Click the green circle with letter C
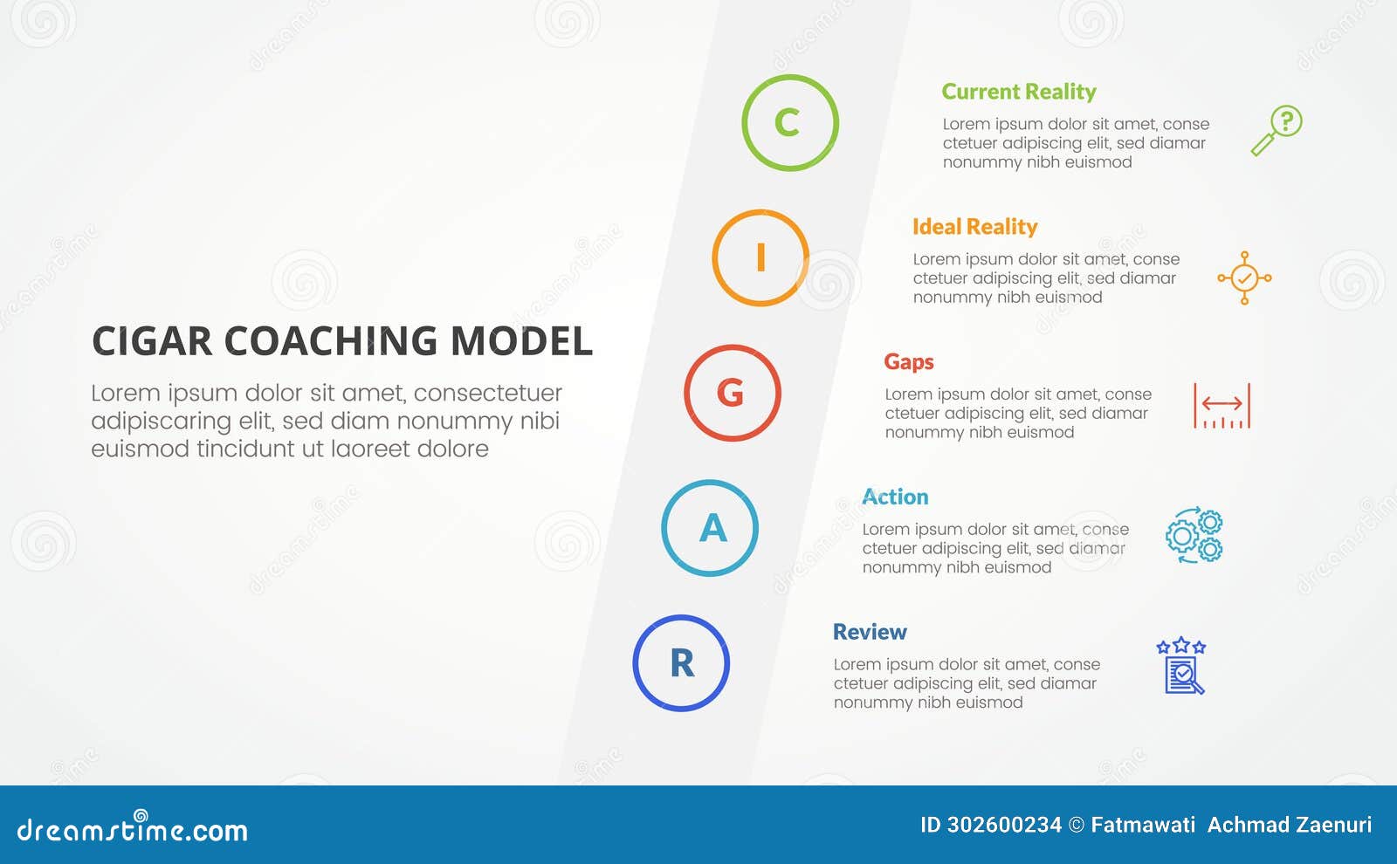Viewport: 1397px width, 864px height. point(789,122)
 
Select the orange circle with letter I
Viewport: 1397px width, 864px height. point(760,257)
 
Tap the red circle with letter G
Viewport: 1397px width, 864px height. point(732,393)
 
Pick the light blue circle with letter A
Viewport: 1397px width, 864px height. point(709,528)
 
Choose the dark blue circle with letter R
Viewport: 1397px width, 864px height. point(681,663)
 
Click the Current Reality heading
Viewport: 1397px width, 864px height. point(1018,92)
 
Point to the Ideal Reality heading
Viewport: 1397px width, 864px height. point(974,227)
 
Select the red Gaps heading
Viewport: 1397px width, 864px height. point(908,362)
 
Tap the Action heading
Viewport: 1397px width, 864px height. point(895,497)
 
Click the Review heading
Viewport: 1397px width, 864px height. point(870,632)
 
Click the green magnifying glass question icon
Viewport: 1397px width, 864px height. point(1276,131)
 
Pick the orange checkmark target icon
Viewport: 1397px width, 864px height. point(1244,278)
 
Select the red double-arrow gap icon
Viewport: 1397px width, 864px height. point(1222,406)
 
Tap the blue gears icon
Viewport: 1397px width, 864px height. point(1194,535)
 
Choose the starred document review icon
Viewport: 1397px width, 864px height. point(1181,666)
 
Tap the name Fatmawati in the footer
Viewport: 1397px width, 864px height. point(1143,825)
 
